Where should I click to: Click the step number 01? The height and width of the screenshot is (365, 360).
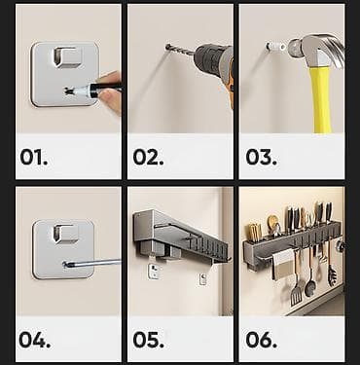tap(34, 157)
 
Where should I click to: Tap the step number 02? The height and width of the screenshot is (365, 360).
tap(148, 157)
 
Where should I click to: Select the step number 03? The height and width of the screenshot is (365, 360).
tap(261, 157)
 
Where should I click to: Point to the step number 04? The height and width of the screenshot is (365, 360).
tap(34, 340)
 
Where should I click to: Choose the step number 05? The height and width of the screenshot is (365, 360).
tap(148, 340)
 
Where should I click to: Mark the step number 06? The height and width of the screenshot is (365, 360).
tap(261, 340)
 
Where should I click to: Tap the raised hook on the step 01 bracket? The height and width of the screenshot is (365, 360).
tap(67, 57)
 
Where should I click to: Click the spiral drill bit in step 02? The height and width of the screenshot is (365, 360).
tap(180, 50)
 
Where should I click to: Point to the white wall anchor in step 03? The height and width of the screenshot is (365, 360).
tap(275, 47)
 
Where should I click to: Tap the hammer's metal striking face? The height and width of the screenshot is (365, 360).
tap(293, 48)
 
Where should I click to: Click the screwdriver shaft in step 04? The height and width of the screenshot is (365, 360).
tap(92, 263)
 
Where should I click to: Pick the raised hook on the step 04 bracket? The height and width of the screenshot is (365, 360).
tap(65, 234)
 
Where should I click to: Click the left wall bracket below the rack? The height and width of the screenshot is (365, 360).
tap(154, 272)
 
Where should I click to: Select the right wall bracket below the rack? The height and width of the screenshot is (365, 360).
tap(202, 278)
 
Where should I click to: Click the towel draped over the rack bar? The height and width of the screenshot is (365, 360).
tap(282, 263)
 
